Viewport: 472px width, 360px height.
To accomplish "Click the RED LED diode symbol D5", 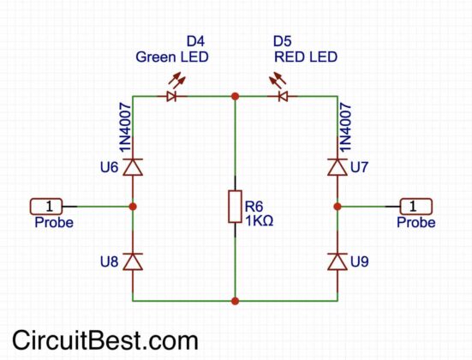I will [x=282, y=96].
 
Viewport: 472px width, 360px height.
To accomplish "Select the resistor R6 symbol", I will [x=235, y=207].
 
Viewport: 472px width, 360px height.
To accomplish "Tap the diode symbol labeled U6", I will [x=133, y=168].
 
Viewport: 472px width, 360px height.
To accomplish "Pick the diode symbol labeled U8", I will [x=133, y=261].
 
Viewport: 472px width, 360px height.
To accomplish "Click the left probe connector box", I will [x=50, y=206].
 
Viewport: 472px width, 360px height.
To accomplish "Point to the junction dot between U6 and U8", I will [x=133, y=206].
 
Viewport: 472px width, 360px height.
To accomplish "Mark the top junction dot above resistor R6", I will [x=235, y=96].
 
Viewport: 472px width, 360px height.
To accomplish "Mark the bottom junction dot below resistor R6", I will [x=235, y=301].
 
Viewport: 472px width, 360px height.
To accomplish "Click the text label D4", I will [x=197, y=41].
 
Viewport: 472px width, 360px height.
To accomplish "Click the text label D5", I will [x=283, y=41].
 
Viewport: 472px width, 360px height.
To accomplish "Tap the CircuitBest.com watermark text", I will [x=105, y=339].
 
